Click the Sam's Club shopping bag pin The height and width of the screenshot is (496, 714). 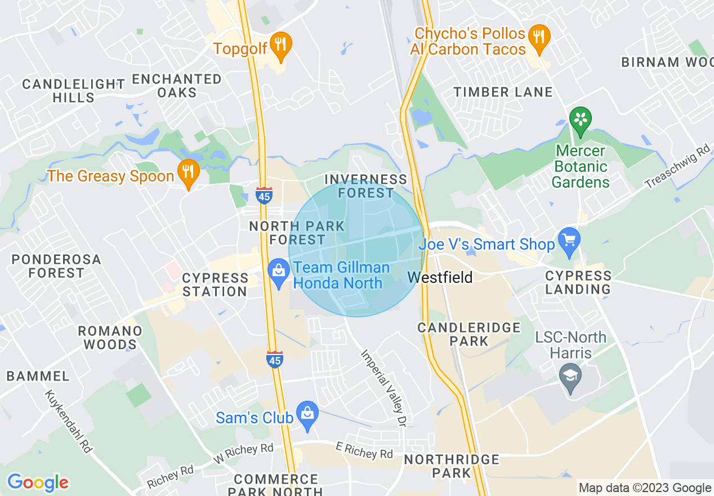coord(307,414)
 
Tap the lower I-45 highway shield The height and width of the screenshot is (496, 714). coord(275,359)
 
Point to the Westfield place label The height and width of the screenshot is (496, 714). coord(440,277)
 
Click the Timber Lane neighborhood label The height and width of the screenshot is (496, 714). coord(503,92)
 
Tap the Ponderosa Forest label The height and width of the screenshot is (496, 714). coord(56,266)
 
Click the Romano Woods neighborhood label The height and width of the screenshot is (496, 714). coord(110,338)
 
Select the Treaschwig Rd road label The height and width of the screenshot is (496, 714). coord(678,167)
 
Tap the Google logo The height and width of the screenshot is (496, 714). coord(38,482)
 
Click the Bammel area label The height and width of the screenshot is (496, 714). coord(39,376)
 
